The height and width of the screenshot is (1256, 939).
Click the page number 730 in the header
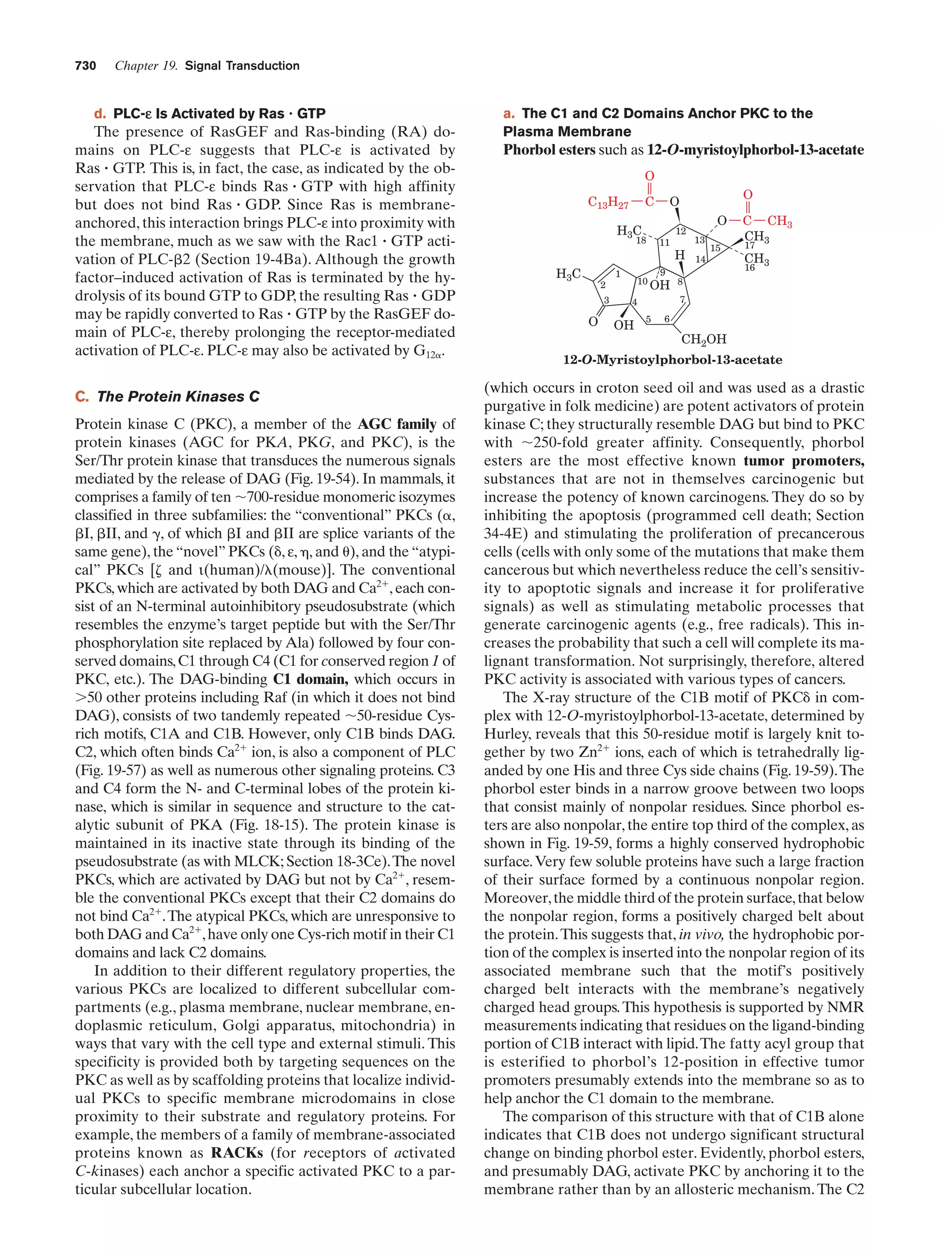[85, 66]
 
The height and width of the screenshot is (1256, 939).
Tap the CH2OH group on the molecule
[704, 339]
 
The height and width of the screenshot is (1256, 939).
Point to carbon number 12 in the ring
[680, 231]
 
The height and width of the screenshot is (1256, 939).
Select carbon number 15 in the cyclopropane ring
[715, 248]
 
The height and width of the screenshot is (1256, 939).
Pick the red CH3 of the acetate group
[779, 221]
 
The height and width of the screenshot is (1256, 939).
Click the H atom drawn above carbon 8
[679, 256]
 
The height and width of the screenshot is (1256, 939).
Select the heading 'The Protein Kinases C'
[178, 396]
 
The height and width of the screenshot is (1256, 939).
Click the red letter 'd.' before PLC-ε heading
[100, 114]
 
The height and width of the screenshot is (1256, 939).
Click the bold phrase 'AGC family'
[397, 424]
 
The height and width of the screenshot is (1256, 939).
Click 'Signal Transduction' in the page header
[242, 66]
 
